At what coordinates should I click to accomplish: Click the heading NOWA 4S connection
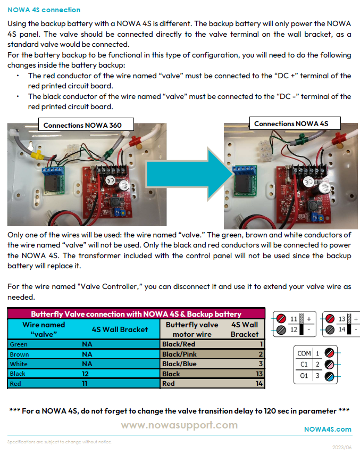(44, 10)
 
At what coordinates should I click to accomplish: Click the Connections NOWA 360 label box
(82, 126)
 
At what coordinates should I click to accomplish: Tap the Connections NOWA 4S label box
(291, 123)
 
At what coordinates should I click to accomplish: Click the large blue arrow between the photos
(203, 174)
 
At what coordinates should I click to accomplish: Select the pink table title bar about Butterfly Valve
(136, 314)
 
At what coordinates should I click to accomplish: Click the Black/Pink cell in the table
(179, 354)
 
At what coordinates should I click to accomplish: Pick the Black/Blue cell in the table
(179, 364)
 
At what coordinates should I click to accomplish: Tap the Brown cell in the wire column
(20, 354)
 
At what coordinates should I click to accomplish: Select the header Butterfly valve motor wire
(192, 329)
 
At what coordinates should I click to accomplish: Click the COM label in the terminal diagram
(304, 353)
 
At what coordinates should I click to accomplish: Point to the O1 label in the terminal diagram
(305, 376)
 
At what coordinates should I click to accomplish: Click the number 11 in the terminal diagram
(294, 319)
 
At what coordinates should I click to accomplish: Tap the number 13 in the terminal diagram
(342, 319)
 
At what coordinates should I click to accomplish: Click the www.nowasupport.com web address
(179, 425)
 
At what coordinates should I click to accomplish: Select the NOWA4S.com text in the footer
(328, 429)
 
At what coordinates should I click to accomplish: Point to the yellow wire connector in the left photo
(38, 156)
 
